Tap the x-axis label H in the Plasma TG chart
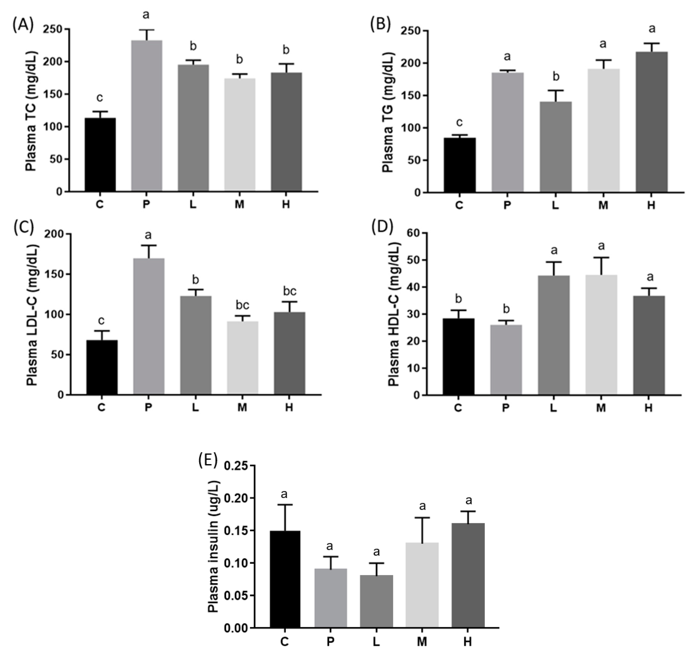[651, 205]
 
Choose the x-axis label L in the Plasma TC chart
[193, 204]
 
